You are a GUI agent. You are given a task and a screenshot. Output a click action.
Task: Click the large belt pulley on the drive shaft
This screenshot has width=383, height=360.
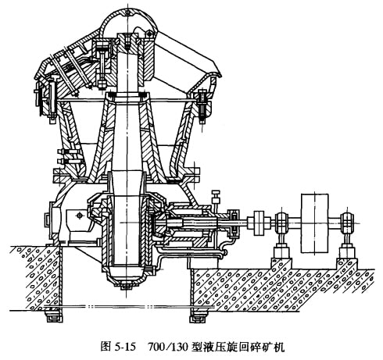click(314, 223)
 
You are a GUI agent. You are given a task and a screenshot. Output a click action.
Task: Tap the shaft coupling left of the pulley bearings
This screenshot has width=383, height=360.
click(260, 223)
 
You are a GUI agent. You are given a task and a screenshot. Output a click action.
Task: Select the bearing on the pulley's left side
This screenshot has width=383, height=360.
click(281, 223)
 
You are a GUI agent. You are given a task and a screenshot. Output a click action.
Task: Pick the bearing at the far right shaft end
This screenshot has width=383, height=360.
click(347, 223)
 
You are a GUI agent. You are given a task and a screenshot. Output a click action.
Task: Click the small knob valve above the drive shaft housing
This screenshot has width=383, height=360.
click(216, 197)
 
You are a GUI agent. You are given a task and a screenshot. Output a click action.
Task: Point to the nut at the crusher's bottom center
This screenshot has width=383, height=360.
click(127, 287)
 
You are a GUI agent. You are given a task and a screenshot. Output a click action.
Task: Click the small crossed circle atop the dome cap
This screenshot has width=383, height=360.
click(127, 12)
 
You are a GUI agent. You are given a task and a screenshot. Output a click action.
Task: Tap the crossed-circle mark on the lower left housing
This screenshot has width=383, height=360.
click(80, 216)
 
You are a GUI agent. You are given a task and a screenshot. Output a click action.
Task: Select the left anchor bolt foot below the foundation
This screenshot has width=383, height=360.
click(54, 315)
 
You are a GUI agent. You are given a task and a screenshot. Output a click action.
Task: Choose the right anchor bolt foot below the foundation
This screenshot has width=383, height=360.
click(199, 315)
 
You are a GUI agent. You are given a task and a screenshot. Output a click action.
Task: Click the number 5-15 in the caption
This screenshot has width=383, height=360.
click(125, 347)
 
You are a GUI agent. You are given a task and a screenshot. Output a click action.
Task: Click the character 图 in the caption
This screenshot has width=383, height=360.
click(106, 347)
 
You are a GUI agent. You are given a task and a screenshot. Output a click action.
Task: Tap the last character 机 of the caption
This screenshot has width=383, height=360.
click(279, 347)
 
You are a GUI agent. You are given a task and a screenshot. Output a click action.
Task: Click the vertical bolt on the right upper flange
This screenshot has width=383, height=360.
click(202, 105)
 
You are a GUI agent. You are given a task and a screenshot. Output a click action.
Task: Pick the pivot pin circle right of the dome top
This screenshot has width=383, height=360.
click(149, 34)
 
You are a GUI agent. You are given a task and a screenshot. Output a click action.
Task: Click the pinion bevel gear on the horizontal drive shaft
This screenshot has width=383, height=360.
click(158, 223)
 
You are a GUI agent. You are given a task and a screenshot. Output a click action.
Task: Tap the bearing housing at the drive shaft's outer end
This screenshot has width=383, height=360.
click(233, 223)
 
